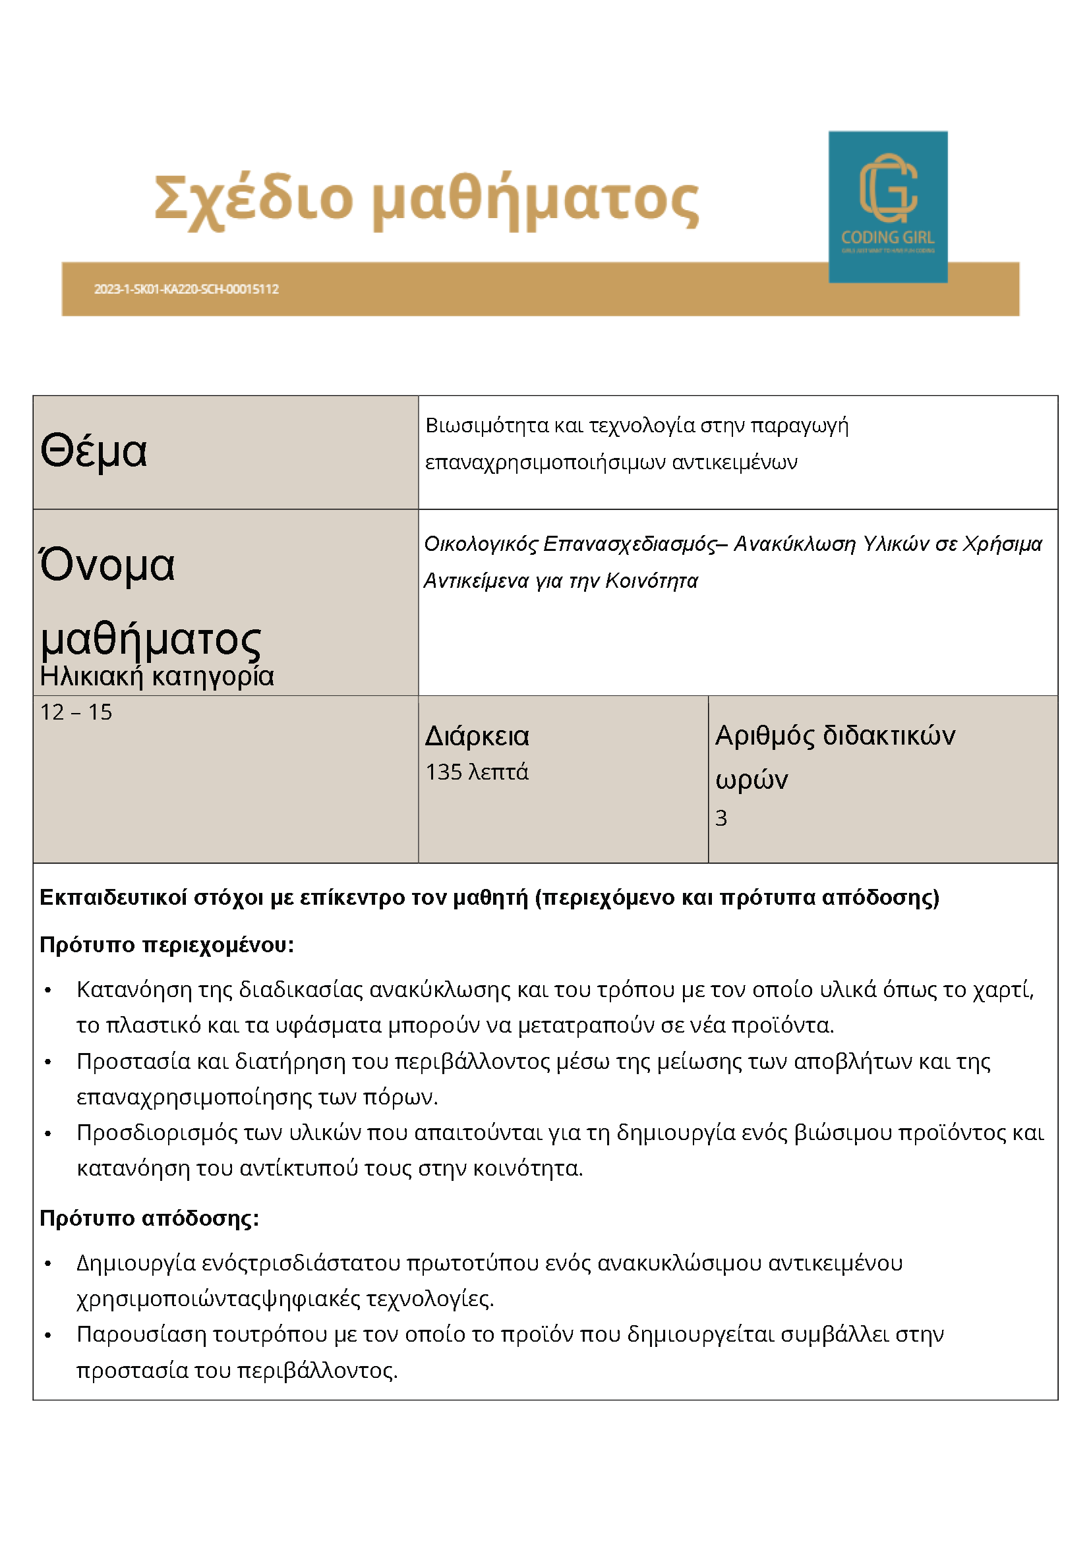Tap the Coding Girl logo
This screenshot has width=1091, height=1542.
coord(887,206)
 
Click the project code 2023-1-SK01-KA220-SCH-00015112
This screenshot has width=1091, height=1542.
coord(186,289)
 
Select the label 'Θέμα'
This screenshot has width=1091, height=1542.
coord(94,451)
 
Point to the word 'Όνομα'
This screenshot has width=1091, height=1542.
coord(107,565)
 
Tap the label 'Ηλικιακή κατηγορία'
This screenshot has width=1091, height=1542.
coord(156,676)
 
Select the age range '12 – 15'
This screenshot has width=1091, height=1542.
coord(76,712)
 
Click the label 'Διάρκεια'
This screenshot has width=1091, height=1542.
coord(477,737)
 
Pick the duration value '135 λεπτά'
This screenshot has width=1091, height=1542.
coord(477,772)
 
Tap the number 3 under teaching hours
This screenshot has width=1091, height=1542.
coord(721,818)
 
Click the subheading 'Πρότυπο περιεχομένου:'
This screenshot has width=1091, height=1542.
coord(167,945)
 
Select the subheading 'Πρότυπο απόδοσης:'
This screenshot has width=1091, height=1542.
coord(149,1218)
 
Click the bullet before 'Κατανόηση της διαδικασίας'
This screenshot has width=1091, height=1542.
coord(47,991)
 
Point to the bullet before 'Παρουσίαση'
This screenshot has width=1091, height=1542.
coord(47,1335)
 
